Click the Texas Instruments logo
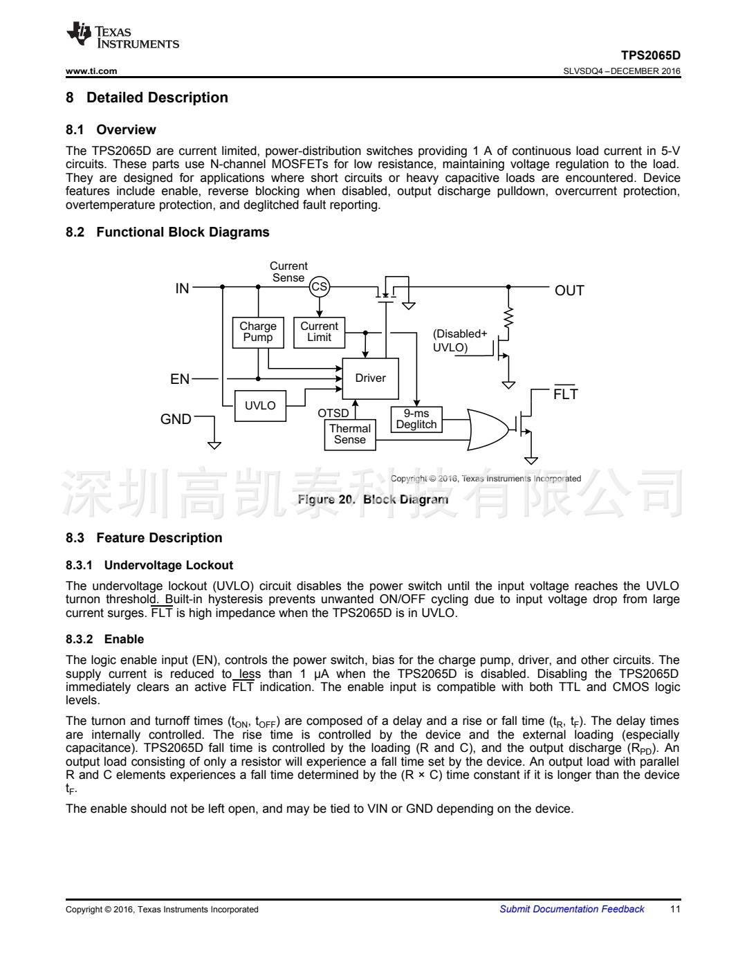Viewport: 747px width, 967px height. coord(122,36)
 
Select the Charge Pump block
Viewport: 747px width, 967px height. coord(258,332)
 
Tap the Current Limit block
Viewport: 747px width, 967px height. coord(319,332)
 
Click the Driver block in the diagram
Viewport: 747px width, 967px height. coord(371,378)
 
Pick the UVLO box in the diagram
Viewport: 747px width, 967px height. coord(260,406)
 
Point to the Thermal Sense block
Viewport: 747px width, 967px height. coord(350,434)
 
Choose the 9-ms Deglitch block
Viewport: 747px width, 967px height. coord(416,419)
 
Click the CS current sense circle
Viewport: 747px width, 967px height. coord(319,287)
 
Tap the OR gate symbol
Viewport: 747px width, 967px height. coord(488,430)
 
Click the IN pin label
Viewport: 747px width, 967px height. coord(182,288)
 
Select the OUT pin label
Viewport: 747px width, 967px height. coord(569,291)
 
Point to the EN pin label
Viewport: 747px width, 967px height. coord(180,379)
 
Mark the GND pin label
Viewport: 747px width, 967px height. coord(176,419)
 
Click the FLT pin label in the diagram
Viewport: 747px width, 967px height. coord(565,394)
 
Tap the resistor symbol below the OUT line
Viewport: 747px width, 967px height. coord(509,317)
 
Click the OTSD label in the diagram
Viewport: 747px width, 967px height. coord(333,413)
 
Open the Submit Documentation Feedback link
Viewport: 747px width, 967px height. coord(571,909)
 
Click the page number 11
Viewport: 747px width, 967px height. coord(675,909)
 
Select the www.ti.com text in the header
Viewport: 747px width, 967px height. coord(91,71)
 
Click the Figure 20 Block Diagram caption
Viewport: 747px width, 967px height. coord(373,499)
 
